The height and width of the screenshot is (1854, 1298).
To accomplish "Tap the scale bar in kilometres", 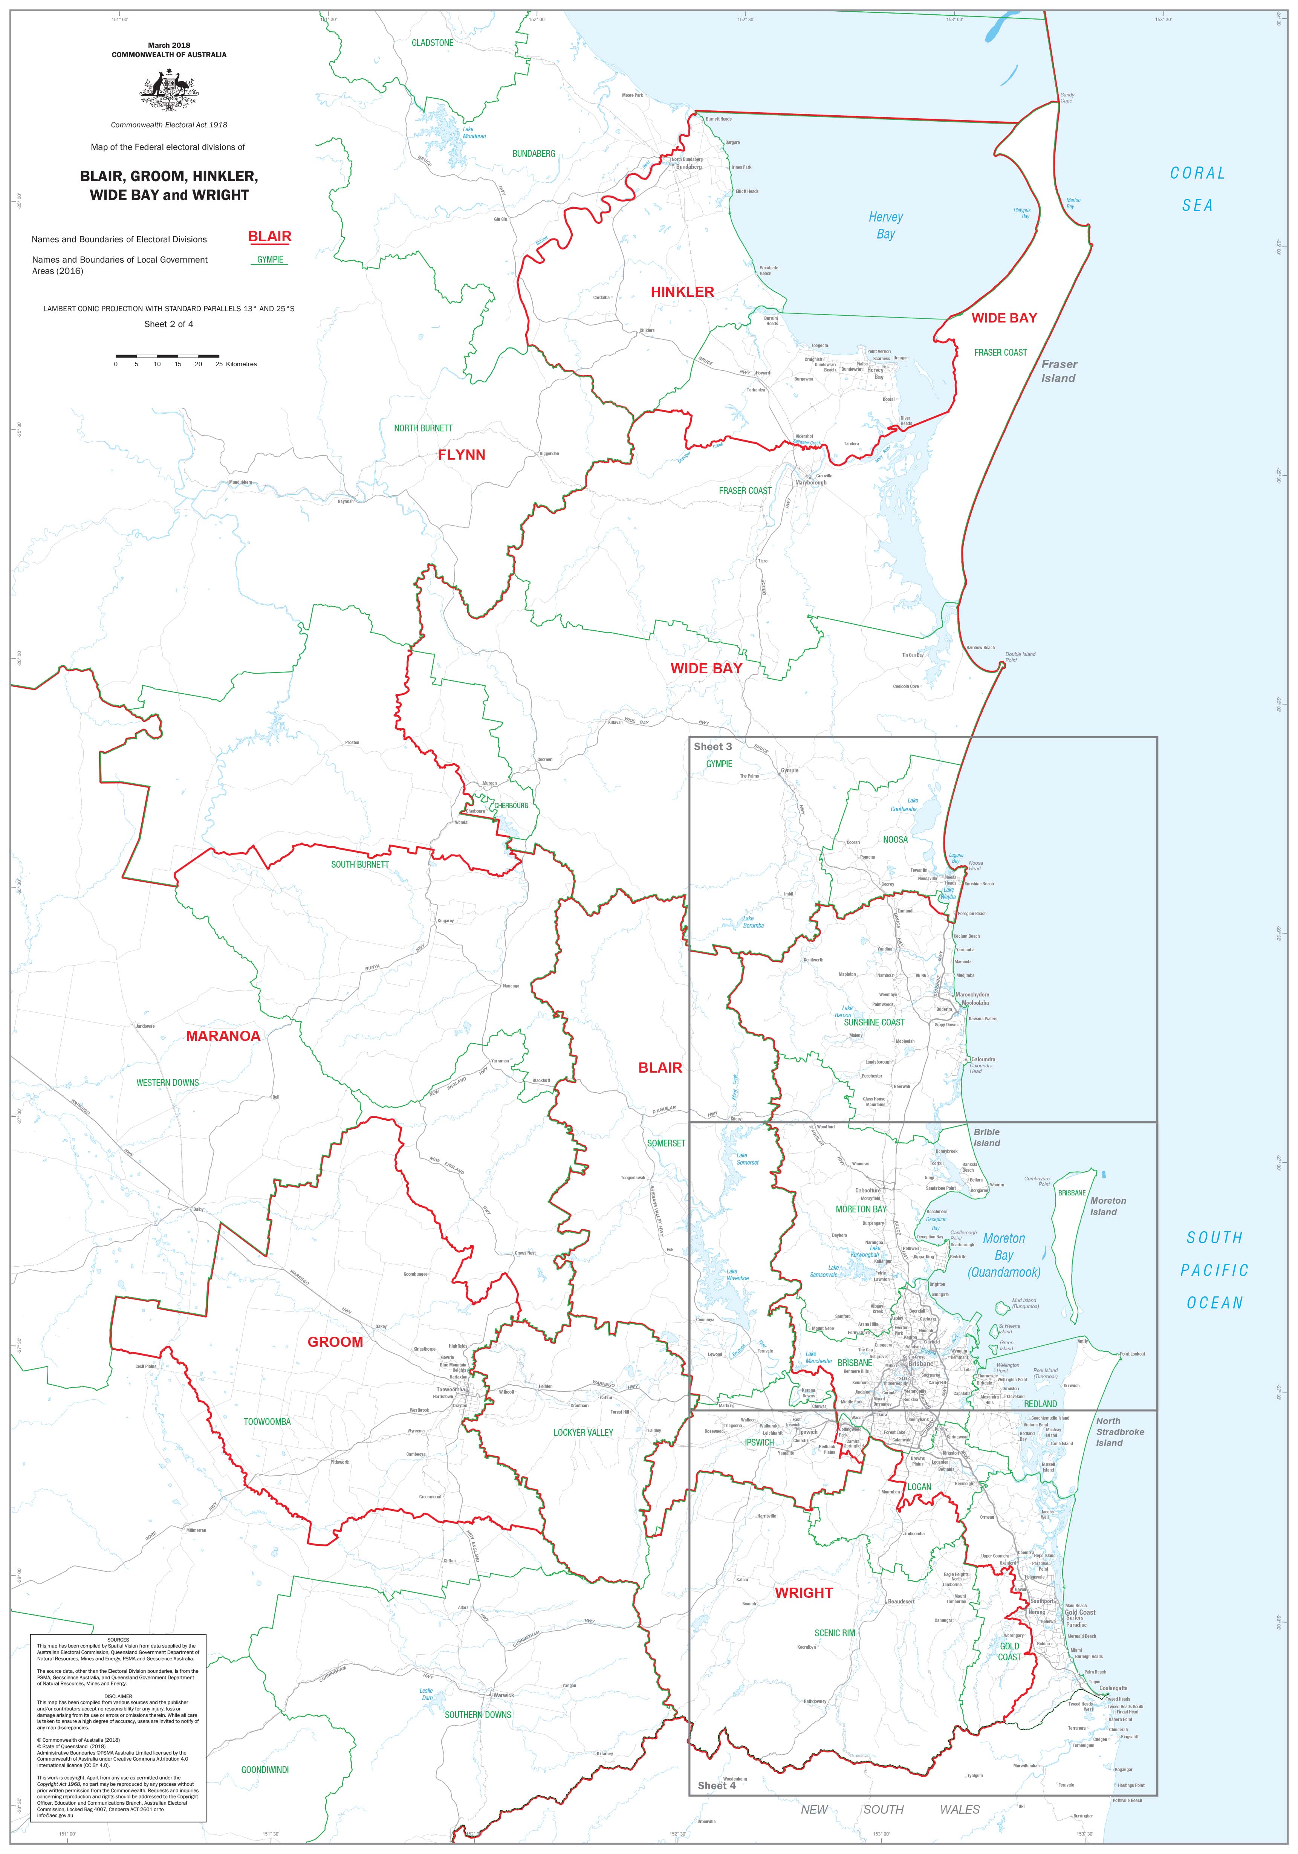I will [167, 355].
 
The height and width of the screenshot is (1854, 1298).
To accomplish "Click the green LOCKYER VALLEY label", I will [583, 1432].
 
